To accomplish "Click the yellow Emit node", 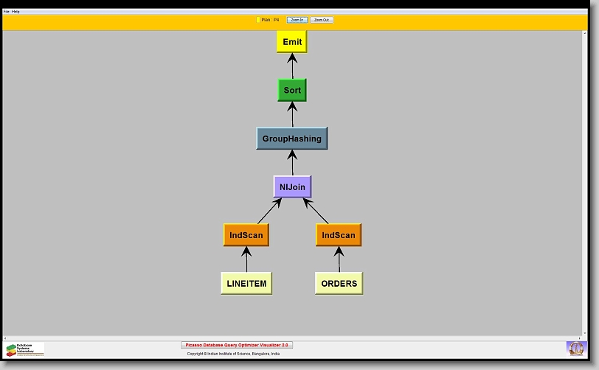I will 291,42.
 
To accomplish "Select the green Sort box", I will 291,90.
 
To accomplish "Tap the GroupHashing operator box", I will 291,139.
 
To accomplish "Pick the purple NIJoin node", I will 292,187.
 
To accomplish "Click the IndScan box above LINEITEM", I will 246,235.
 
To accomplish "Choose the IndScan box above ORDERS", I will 339,235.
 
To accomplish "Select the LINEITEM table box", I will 246,283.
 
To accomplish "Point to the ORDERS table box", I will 339,283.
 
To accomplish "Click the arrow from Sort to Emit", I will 292,66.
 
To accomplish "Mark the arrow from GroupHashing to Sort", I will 292,114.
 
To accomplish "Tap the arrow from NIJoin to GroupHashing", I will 292,163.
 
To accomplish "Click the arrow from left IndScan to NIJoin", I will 269,212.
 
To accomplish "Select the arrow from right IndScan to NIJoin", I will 316,212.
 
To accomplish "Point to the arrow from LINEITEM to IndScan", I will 246,259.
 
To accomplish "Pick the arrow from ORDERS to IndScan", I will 339,259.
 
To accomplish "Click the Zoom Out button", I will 322,20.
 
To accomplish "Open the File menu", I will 7,12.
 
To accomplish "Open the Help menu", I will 15,12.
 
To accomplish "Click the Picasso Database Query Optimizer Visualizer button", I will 237,345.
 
